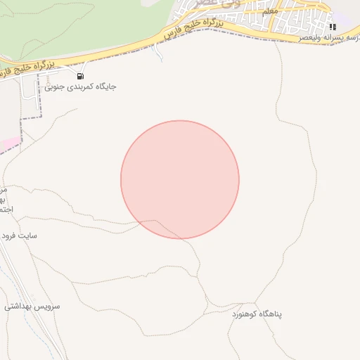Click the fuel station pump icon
[80, 75]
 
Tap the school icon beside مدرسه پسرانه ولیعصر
[333, 27]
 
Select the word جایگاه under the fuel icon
[103, 86]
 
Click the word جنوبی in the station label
[55, 87]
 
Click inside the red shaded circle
[180, 179]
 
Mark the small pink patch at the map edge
[8, 144]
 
